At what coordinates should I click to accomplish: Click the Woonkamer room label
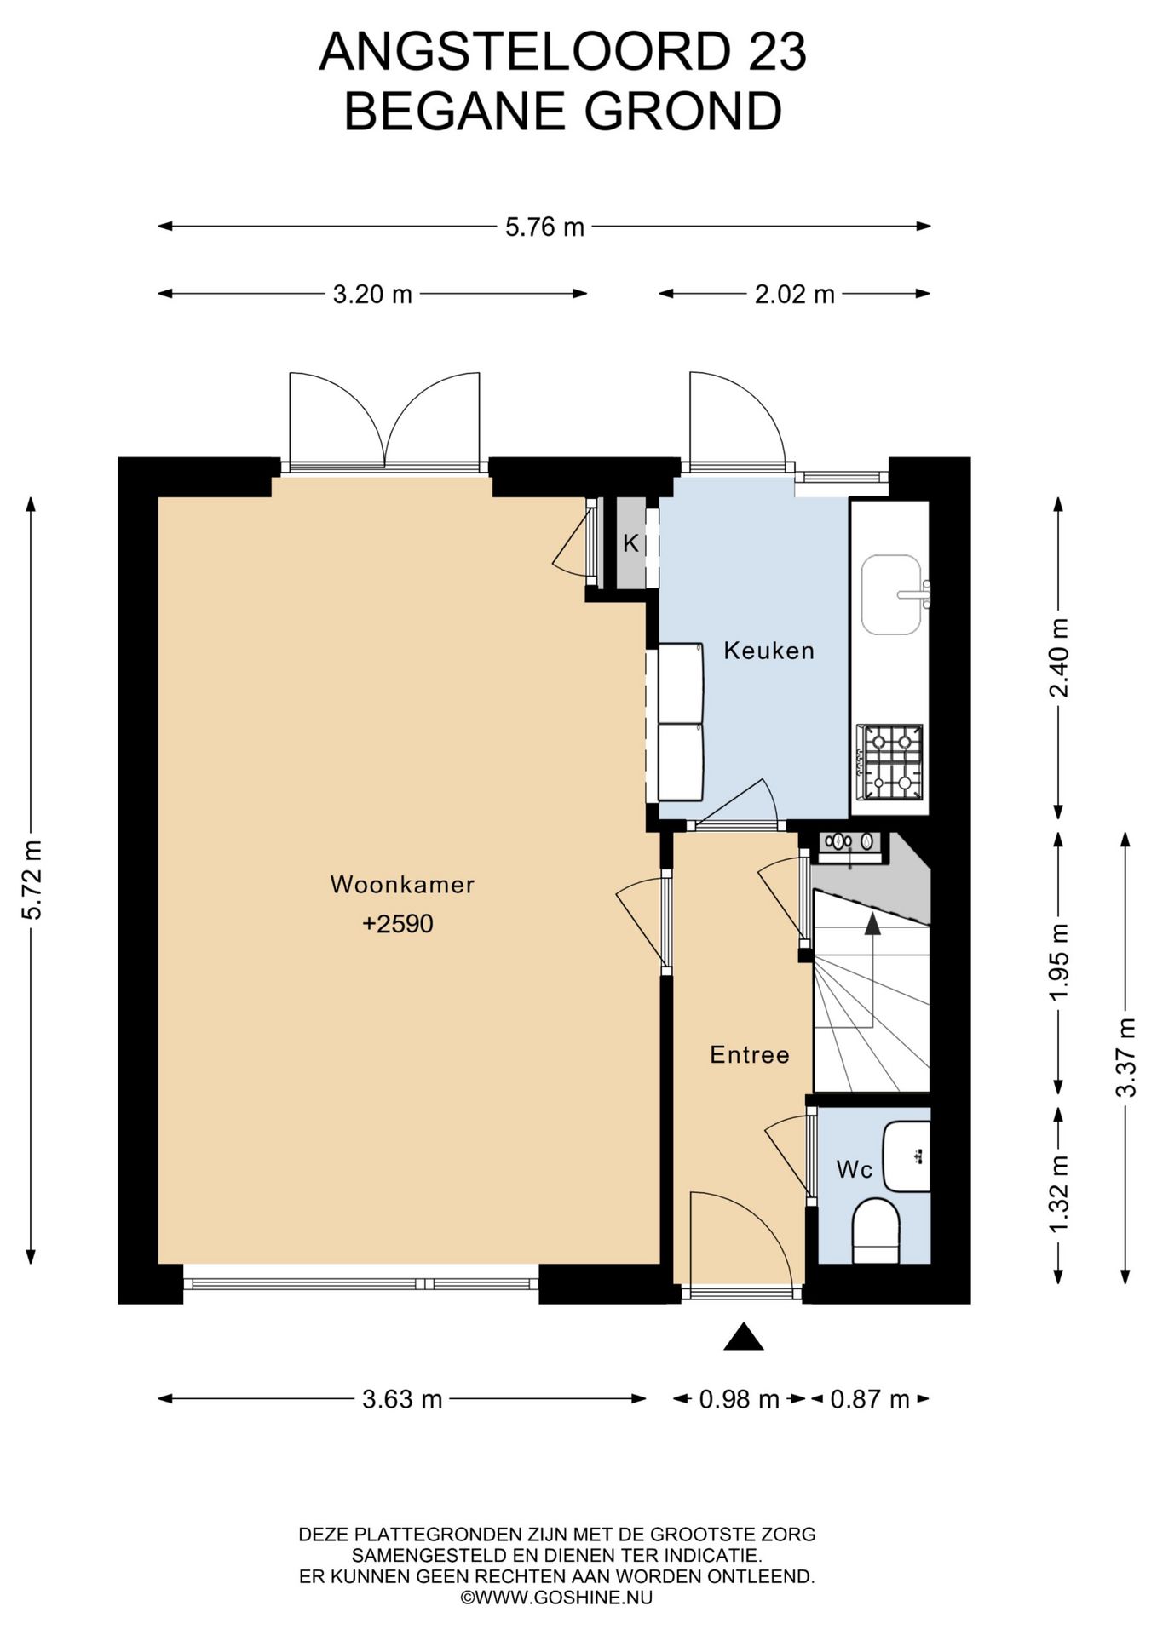pos(402,884)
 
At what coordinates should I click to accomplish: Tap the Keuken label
pos(769,651)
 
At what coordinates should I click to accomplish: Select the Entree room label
pos(750,1055)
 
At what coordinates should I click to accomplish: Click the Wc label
pos(855,1169)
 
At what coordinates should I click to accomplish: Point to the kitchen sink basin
pos(891,595)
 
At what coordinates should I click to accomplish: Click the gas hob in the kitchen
pos(890,762)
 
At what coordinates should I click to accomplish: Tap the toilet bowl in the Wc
pos(876,1231)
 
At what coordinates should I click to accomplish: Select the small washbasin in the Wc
pos(907,1156)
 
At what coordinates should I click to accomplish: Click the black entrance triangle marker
pos(744,1337)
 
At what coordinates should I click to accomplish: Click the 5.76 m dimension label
pos(544,227)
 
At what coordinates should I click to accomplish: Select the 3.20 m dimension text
pos(372,295)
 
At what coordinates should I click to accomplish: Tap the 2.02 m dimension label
pos(795,295)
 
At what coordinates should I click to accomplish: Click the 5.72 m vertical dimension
pos(32,880)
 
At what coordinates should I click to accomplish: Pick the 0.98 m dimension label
pos(740,1399)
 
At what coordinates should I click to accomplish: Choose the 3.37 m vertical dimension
pos(1126,1058)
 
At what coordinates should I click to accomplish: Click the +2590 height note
pos(398,924)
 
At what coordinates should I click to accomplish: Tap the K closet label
pos(630,543)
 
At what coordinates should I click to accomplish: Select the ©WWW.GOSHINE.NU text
pos(557,1598)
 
